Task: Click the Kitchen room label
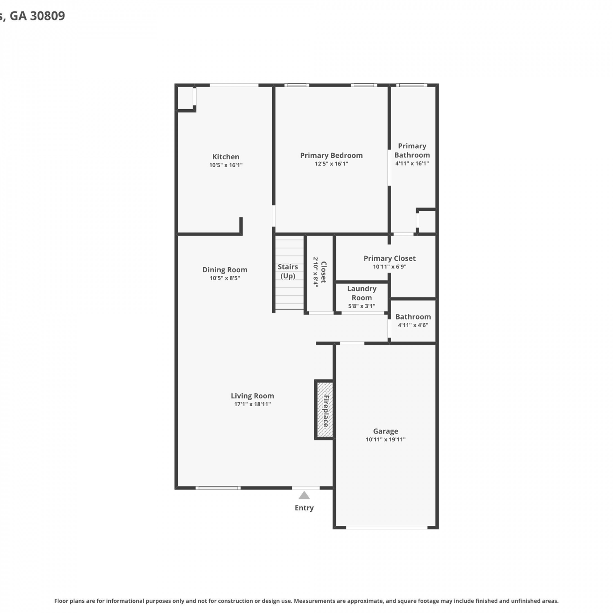[x=226, y=157]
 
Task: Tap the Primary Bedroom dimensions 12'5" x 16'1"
[x=331, y=164]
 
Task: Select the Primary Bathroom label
[x=412, y=150]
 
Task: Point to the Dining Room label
[x=225, y=270]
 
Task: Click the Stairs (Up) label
[x=288, y=271]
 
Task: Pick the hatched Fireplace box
[x=325, y=410]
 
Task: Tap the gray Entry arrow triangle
[x=304, y=495]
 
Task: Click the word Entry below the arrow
[x=304, y=508]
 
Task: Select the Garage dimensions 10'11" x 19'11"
[x=385, y=440]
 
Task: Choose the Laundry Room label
[x=362, y=293]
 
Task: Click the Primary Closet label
[x=389, y=258]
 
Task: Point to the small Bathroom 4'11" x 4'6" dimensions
[x=413, y=325]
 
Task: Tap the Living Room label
[x=252, y=396]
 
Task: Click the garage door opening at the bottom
[x=387, y=528]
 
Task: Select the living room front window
[x=218, y=488]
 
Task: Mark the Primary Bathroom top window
[x=412, y=85]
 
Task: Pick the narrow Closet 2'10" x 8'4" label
[x=320, y=272]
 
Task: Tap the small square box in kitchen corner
[x=186, y=98]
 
